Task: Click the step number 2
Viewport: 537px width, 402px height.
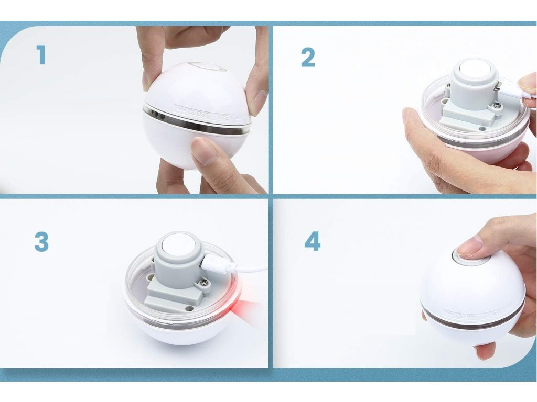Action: (x=308, y=58)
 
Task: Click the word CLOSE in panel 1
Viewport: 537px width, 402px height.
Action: (x=198, y=113)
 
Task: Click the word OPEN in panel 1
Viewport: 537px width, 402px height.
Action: (x=225, y=117)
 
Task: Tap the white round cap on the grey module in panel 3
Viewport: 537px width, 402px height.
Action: (x=178, y=245)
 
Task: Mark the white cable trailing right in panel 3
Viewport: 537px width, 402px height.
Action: (x=251, y=270)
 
